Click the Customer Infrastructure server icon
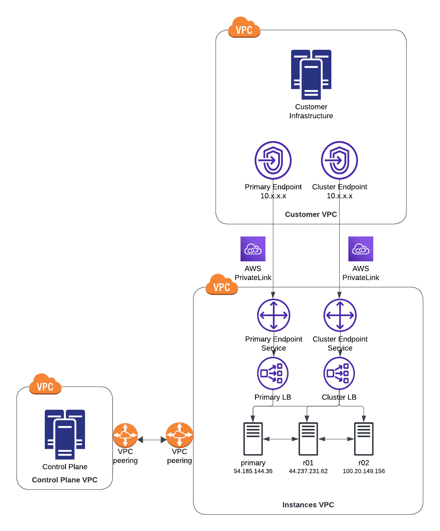[311, 74]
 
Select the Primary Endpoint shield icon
[273, 160]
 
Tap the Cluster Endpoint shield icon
[339, 160]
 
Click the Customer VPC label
[311, 214]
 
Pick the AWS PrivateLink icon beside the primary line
[253, 249]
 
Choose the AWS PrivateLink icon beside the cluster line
[361, 249]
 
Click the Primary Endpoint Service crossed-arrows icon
[274, 315]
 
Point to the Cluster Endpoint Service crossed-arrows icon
[340, 315]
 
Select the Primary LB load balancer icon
[273, 373]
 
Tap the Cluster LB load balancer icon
[339, 373]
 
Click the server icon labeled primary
[253, 438]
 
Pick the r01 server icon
[308, 438]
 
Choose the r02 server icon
[364, 438]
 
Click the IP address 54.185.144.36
[253, 471]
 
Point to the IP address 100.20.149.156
[364, 471]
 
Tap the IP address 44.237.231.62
[308, 471]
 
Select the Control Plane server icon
[65, 434]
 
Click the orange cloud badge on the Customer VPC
[244, 27]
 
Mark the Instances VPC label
[308, 504]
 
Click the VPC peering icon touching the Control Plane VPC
[125, 435]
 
